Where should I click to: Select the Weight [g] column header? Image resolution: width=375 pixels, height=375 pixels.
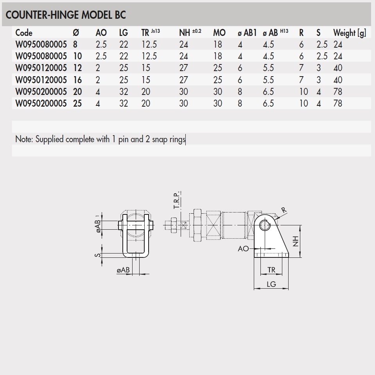350,33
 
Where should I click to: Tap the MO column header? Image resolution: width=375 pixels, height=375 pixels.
219,33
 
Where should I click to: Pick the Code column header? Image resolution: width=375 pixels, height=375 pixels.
24,33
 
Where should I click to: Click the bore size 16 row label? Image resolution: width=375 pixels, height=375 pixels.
77,80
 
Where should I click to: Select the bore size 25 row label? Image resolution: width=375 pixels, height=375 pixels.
77,104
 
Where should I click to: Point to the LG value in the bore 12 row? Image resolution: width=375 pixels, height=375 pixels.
124,68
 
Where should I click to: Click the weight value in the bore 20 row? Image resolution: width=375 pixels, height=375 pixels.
337,92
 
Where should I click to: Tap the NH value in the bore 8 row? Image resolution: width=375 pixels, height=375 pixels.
183,45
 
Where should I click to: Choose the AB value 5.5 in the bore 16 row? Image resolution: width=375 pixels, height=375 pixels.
269,80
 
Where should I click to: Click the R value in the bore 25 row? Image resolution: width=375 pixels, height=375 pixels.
303,104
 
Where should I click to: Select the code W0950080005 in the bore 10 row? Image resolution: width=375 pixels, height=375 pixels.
41,56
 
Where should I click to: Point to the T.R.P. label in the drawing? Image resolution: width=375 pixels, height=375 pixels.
176,200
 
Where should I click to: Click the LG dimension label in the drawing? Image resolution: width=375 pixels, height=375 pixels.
271,284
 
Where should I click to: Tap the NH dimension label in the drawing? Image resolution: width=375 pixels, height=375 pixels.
296,241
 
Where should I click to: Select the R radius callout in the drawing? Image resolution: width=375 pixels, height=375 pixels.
284,210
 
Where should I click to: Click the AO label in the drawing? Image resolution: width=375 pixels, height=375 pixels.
243,248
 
